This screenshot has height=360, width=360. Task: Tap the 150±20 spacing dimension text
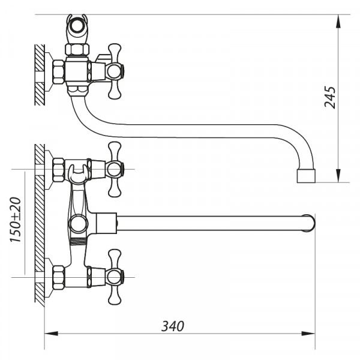(x=16, y=221)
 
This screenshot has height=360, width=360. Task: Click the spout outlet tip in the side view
(x=306, y=176)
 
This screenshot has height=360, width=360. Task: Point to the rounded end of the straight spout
(x=309, y=223)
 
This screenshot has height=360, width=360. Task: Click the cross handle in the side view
(x=114, y=71)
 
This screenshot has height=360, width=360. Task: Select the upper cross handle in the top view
(x=114, y=169)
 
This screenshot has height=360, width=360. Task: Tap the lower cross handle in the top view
(x=114, y=277)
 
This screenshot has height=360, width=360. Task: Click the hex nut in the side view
(x=59, y=71)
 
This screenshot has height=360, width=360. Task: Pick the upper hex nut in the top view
(x=59, y=169)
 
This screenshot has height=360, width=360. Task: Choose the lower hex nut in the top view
(x=59, y=277)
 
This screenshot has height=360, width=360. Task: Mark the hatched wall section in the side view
(x=39, y=75)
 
